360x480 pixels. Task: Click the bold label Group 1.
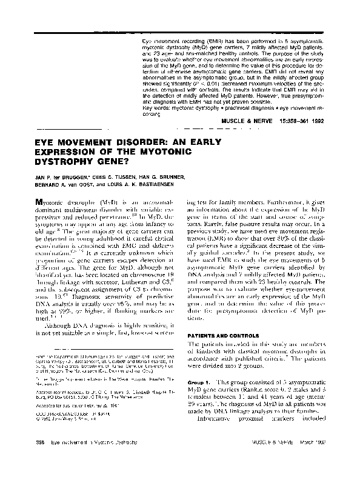(x=197, y=383)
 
